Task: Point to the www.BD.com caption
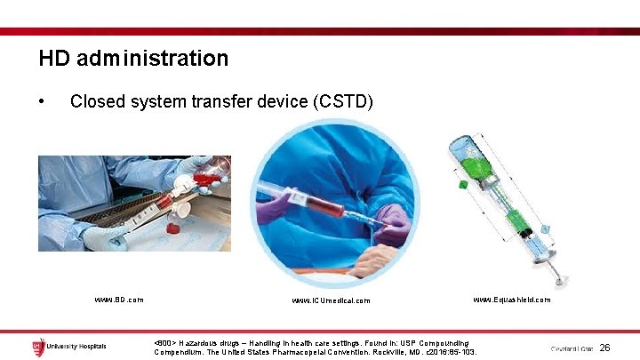pyautogui.click(x=119, y=300)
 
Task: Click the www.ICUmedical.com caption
pyautogui.click(x=330, y=300)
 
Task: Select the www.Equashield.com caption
pyautogui.click(x=511, y=300)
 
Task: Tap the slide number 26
pyautogui.click(x=604, y=348)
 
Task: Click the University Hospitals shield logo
pyautogui.click(x=38, y=346)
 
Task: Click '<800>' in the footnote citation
pyautogui.click(x=164, y=342)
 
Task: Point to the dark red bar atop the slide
pyautogui.click(x=320, y=31)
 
